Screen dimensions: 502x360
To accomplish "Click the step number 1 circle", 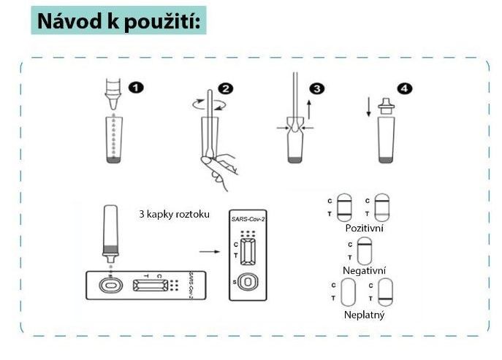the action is [136, 88].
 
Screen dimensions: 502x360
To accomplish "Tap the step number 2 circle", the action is [226, 88].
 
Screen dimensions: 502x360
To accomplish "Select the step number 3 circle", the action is [316, 88].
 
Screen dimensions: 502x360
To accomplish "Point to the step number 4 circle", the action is [404, 88].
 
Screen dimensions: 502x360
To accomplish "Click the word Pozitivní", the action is [365, 228].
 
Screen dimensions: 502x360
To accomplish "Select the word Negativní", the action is [365, 270].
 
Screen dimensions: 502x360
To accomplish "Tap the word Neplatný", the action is [364, 315].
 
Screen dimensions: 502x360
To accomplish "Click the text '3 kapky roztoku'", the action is [174, 214].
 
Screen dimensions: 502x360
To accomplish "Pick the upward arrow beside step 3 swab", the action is [309, 110].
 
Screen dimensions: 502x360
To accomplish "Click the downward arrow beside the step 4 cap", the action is [368, 107].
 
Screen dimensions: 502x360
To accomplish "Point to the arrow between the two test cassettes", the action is [210, 251].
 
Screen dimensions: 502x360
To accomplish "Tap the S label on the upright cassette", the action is [235, 283].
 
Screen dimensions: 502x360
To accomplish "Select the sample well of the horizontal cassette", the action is [111, 285].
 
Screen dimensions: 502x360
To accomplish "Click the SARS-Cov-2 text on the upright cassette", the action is [248, 219].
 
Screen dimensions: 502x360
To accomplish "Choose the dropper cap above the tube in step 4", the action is [386, 106].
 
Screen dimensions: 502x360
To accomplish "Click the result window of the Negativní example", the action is [365, 251].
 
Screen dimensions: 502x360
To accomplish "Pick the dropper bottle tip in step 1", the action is [113, 103].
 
